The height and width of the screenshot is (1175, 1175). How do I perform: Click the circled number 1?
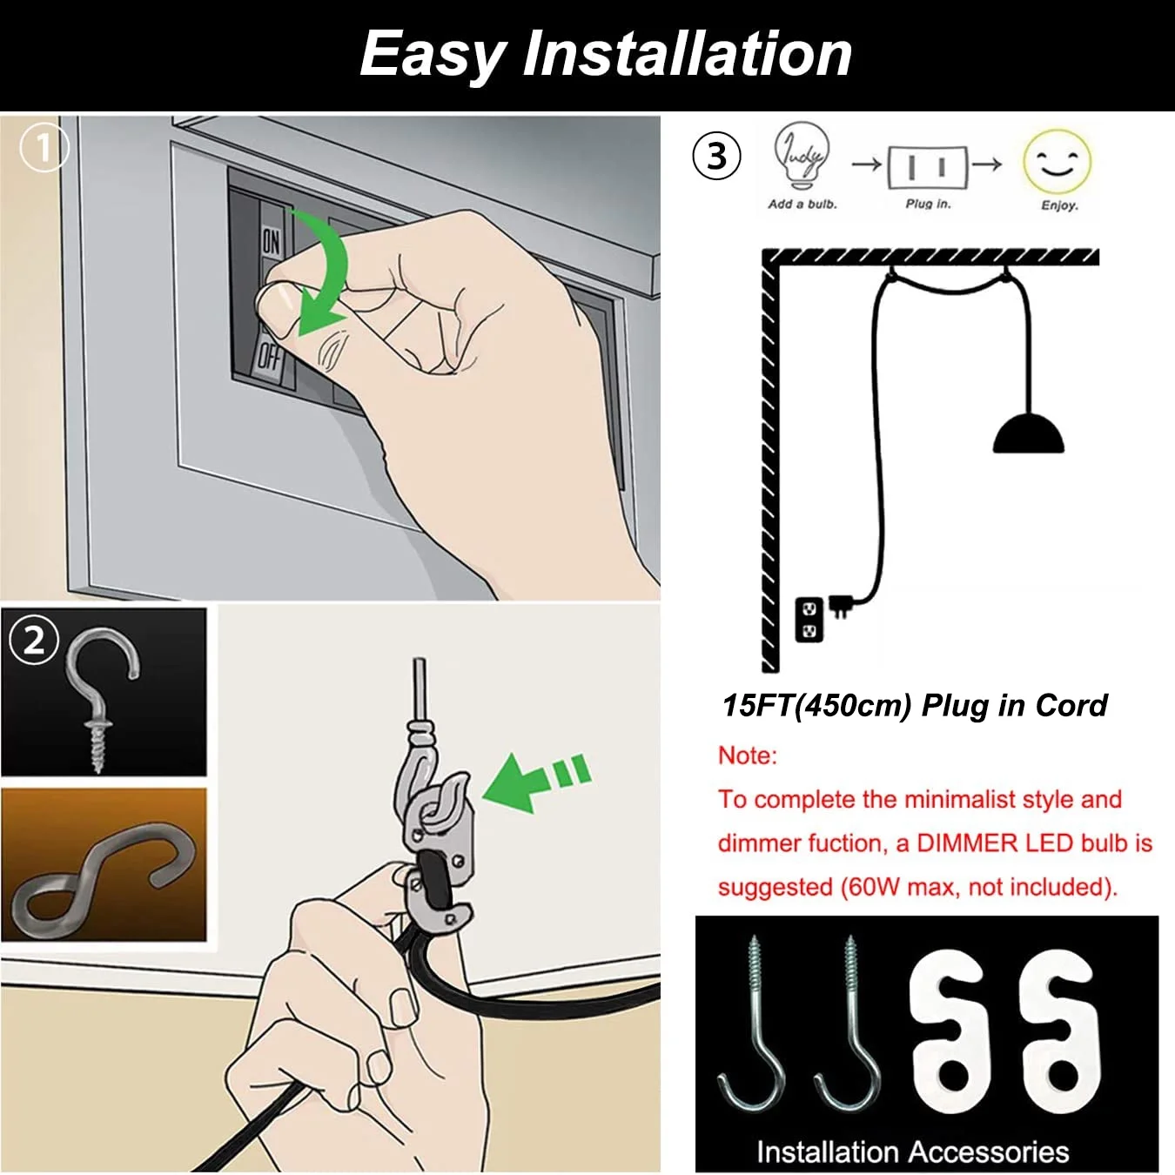(44, 147)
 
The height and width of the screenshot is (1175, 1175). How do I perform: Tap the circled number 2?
(34, 641)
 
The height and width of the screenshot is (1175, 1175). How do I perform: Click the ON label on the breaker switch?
(272, 242)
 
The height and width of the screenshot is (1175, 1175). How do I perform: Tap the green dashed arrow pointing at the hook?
(537, 782)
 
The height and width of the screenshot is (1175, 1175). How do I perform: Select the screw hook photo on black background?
(104, 692)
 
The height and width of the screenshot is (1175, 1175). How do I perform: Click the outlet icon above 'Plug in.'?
(927, 166)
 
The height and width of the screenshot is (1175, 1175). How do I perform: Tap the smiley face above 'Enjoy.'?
(1057, 161)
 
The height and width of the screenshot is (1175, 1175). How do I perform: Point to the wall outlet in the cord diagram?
(809, 620)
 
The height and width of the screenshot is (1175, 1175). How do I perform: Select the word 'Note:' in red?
(748, 756)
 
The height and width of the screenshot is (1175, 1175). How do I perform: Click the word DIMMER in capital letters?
(968, 843)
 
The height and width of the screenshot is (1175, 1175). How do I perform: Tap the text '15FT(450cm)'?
(816, 706)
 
